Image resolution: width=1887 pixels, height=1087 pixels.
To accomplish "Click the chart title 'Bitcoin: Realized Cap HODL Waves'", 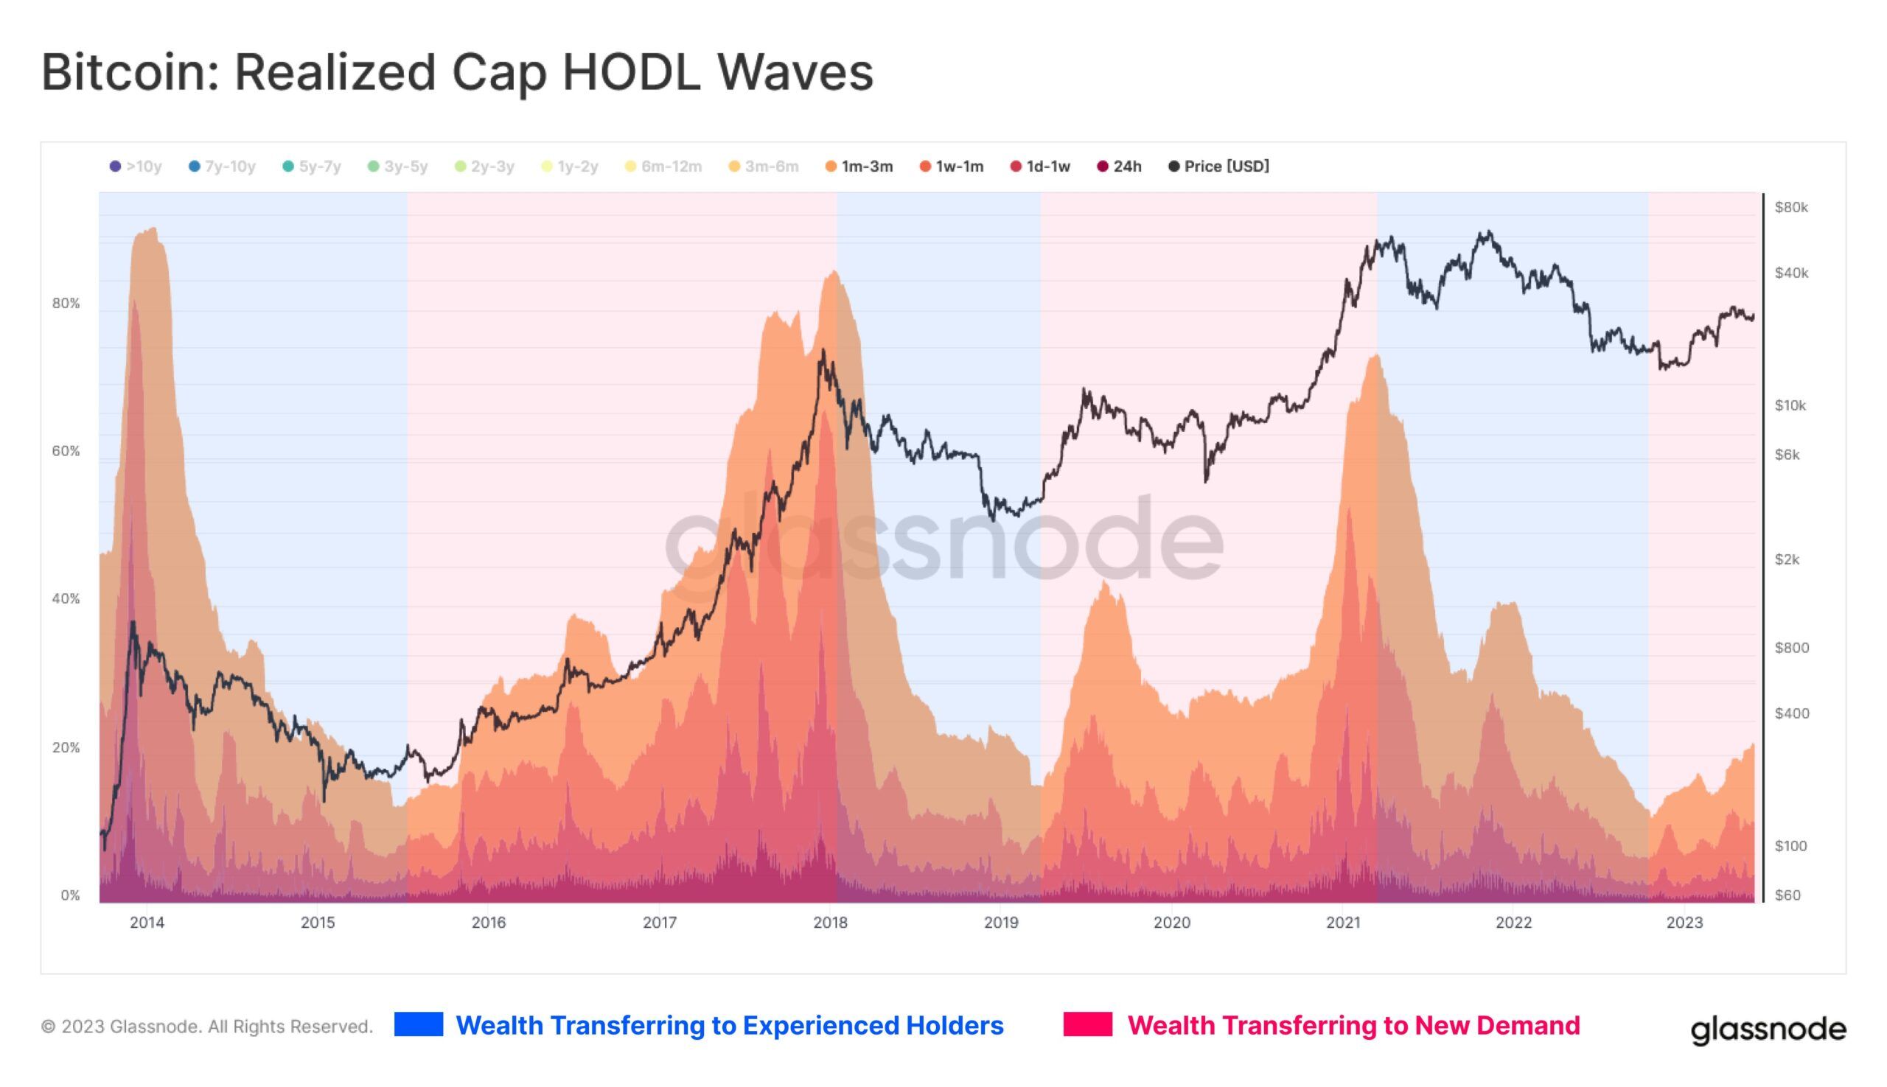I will coord(456,72).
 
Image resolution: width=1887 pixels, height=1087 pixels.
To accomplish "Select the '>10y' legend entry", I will coord(136,167).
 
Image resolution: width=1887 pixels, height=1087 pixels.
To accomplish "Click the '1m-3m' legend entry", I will coord(859,167).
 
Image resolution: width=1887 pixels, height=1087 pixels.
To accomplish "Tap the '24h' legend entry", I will coord(1120,167).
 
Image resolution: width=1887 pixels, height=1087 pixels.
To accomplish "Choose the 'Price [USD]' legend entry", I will coord(1218,167).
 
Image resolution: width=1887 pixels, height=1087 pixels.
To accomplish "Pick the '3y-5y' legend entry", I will coord(397,167).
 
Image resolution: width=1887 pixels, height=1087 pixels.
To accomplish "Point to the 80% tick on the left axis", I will coord(66,303).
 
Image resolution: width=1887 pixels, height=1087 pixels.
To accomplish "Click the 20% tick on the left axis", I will coord(66,747).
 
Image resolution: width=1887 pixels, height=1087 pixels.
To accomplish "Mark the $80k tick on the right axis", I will coord(1791,208).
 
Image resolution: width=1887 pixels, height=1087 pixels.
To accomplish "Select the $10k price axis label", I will coord(1790,405).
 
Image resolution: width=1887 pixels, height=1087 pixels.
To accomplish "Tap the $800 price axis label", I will coord(1791,647).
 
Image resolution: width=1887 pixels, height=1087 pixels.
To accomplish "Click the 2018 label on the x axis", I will coord(831,923).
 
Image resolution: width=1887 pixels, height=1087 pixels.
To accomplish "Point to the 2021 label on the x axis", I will coord(1342,923).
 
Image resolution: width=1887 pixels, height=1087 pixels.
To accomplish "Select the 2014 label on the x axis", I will coord(147,923).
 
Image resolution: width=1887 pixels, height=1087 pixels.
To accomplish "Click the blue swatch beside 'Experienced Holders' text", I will coord(418,1024).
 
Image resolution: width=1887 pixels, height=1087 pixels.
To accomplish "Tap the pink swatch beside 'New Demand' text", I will coord(1087,1024).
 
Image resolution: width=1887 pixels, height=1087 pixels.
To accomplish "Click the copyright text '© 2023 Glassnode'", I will coord(207,1027).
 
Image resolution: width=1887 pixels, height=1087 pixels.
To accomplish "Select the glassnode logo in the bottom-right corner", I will coord(1768,1029).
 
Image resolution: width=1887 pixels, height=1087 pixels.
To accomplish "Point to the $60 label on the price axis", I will coord(1787,895).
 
